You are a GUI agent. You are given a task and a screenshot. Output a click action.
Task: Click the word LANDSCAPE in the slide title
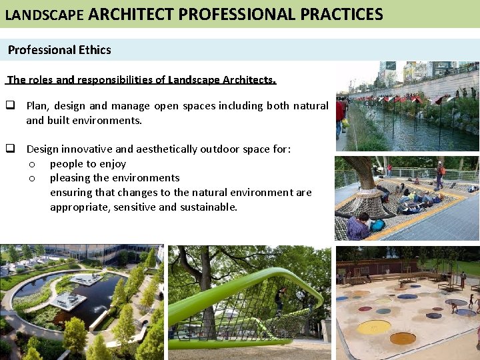[x=44, y=15]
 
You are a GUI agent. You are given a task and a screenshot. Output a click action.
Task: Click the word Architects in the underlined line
[x=240, y=80]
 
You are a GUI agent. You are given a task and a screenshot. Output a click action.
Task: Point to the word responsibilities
[x=121, y=80]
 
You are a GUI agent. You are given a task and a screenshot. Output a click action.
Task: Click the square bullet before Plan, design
[x=11, y=105]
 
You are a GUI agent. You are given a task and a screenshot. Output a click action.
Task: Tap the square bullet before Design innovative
[x=11, y=149]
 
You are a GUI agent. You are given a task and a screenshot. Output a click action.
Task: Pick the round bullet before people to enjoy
[x=31, y=164]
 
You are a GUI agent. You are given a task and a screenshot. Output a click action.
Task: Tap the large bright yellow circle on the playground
[x=373, y=327]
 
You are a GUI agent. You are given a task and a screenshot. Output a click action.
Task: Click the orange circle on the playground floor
[x=403, y=339]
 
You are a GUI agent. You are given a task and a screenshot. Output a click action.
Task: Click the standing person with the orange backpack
[x=439, y=175]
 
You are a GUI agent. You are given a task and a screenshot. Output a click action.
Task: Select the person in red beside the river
[x=340, y=110]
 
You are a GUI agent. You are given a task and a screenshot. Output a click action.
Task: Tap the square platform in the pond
[x=69, y=301]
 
